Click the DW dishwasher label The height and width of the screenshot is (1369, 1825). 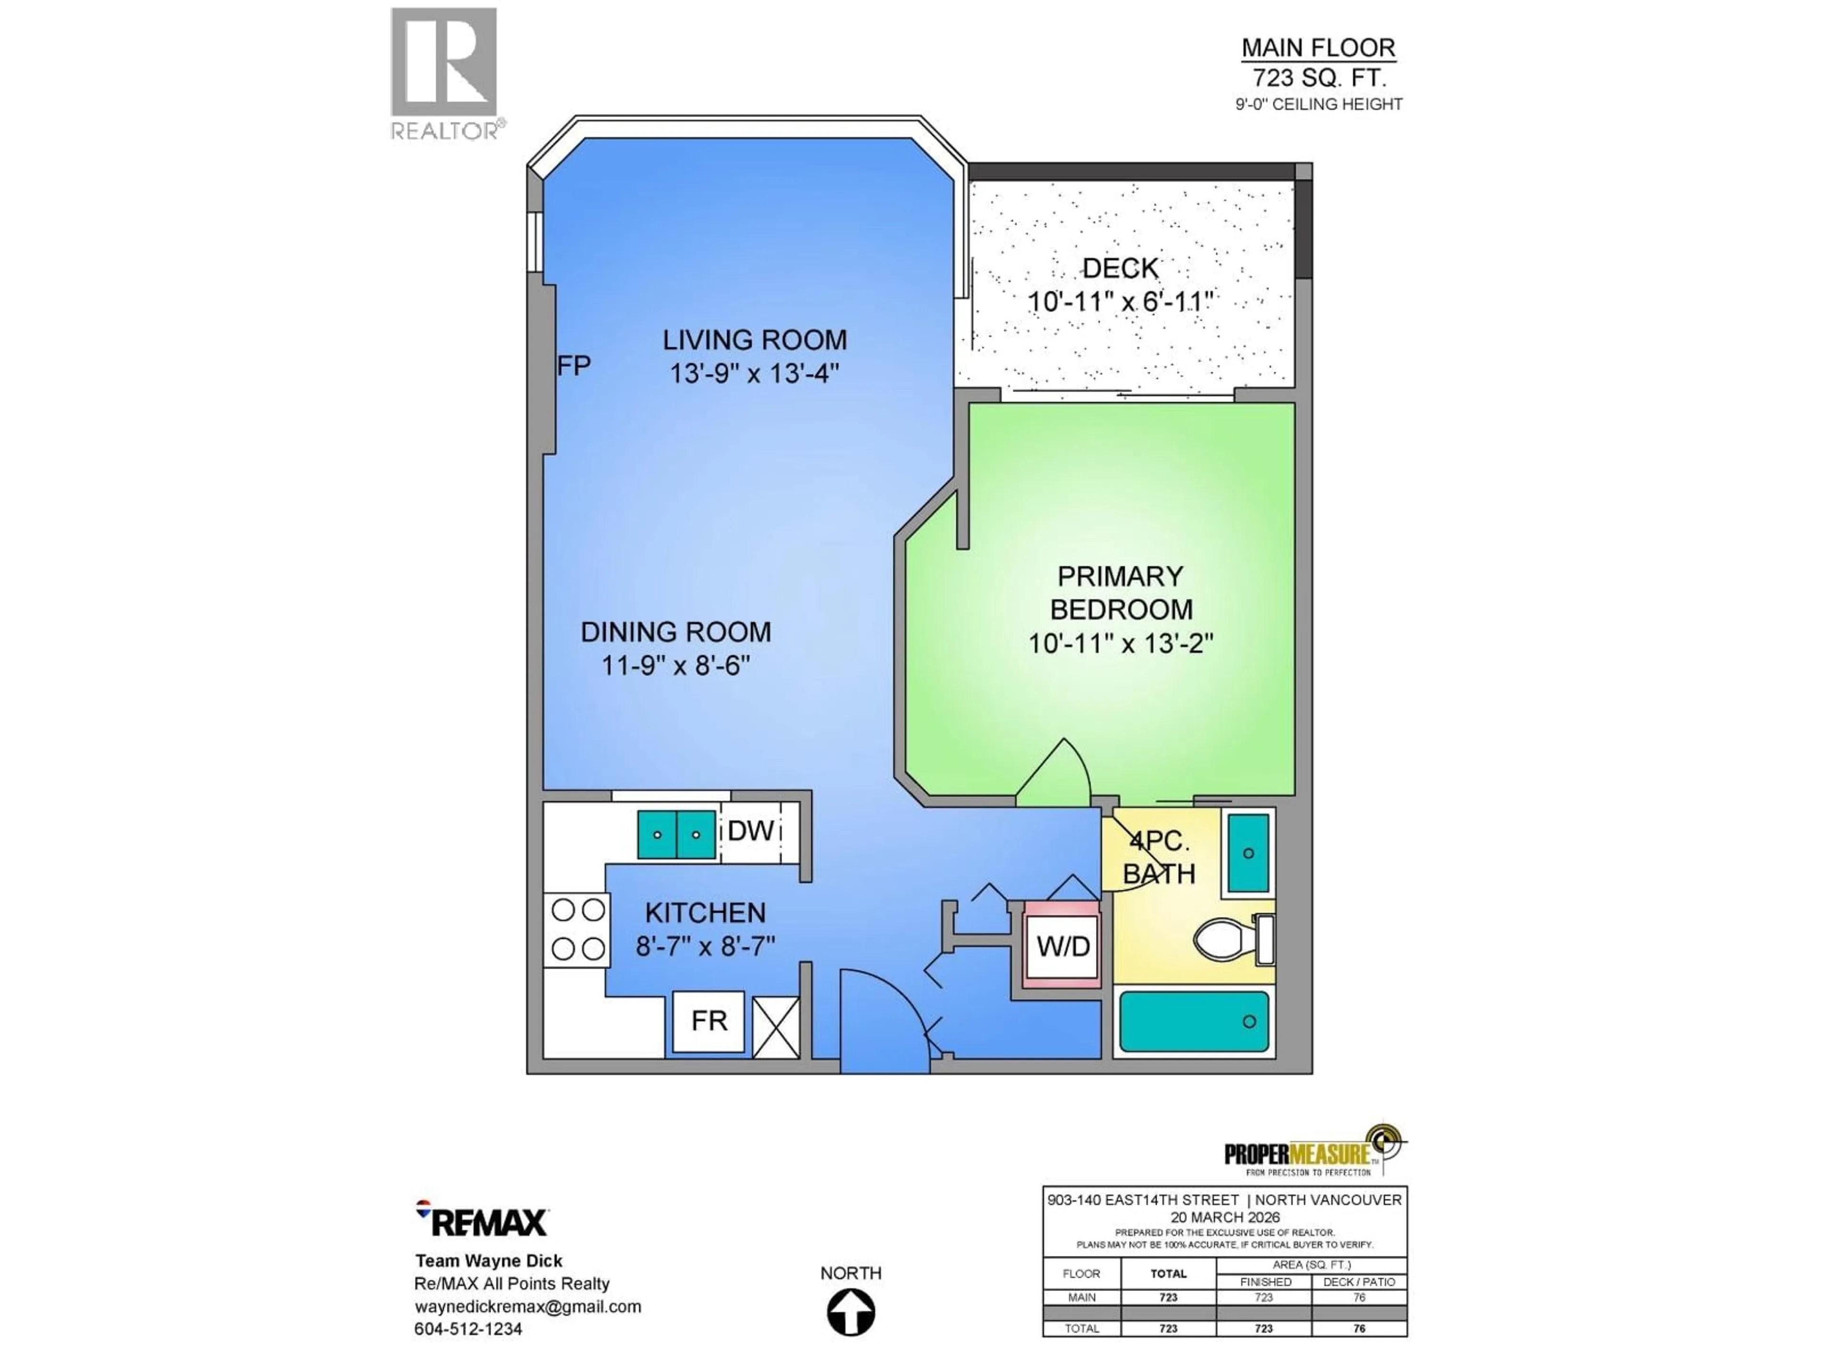pyautogui.click(x=750, y=831)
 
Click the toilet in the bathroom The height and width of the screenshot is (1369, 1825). pyautogui.click(x=1229, y=940)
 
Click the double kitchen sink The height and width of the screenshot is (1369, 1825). pyautogui.click(x=677, y=834)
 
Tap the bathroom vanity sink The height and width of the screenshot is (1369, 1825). pyautogui.click(x=1249, y=853)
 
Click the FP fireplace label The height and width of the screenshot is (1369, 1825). pyautogui.click(x=574, y=366)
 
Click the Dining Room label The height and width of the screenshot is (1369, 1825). pyautogui.click(x=676, y=632)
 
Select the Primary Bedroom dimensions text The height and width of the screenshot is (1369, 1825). pyautogui.click(x=1120, y=643)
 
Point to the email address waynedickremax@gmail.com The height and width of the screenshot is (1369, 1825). pyautogui.click(x=527, y=1306)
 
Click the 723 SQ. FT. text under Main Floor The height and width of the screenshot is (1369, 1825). pyautogui.click(x=1318, y=77)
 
